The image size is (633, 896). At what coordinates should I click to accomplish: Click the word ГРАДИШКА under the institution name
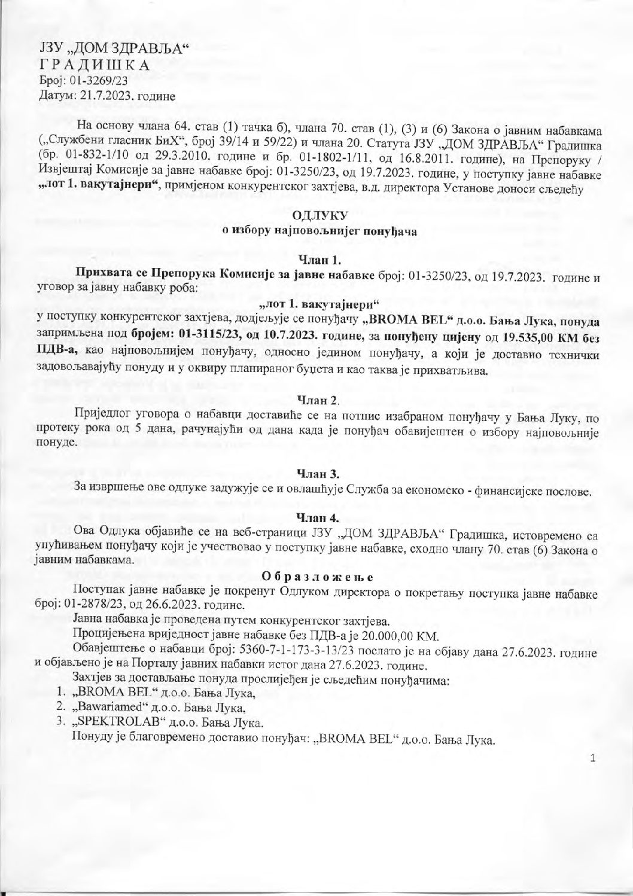click(94, 65)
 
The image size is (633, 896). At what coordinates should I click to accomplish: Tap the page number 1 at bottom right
click(592, 759)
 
